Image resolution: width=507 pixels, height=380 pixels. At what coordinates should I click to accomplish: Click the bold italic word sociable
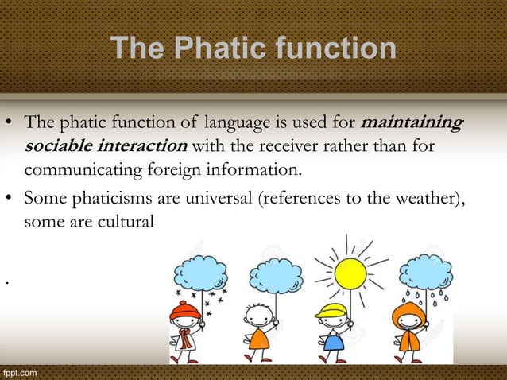coord(60,147)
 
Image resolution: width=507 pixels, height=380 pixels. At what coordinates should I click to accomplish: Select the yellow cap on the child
coord(331,310)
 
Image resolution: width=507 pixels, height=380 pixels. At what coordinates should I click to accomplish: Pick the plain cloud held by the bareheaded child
coord(275,275)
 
